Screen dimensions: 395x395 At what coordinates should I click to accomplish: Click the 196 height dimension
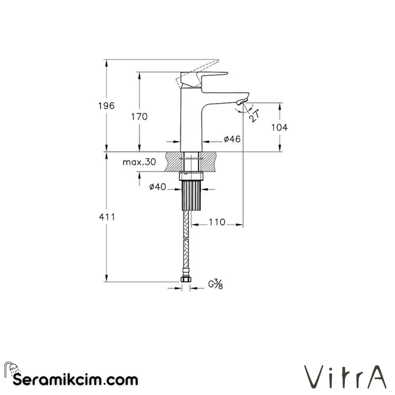(x=106, y=106)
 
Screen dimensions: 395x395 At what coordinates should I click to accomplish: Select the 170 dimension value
(x=139, y=117)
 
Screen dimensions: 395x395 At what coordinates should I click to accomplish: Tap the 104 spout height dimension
(x=279, y=127)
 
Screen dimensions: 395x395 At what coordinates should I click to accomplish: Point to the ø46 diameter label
(x=232, y=139)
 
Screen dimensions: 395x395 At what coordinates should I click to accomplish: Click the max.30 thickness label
(x=139, y=162)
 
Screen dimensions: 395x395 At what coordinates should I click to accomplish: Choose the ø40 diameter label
(x=158, y=187)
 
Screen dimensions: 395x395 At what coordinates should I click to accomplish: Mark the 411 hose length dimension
(x=107, y=217)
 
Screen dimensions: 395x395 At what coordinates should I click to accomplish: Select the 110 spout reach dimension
(x=217, y=222)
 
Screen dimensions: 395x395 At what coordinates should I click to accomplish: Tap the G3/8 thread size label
(x=215, y=284)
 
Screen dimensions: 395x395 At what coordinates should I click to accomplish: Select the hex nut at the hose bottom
(x=186, y=279)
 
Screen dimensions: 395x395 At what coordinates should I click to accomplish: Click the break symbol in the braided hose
(x=187, y=239)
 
